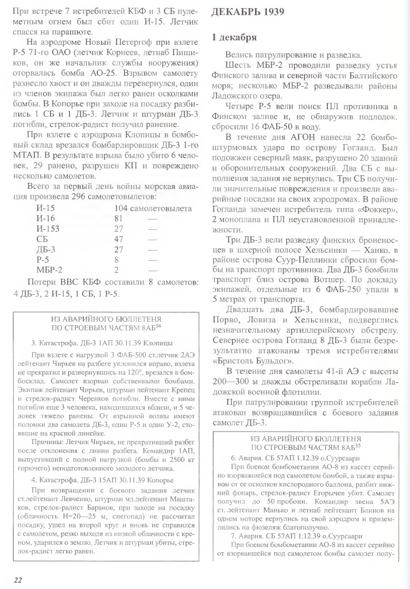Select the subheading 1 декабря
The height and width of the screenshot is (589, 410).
[234, 39]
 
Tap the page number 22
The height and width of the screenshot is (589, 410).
[18, 579]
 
